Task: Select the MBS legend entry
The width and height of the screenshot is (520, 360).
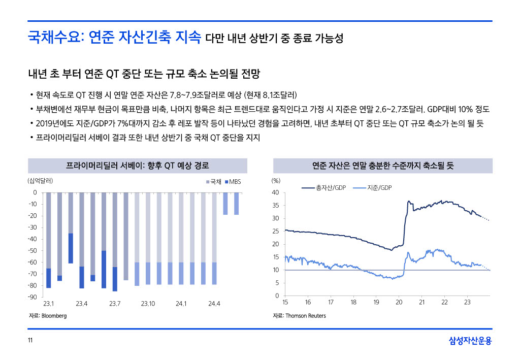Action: (x=233, y=181)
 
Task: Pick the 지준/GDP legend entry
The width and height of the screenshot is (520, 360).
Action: (x=375, y=188)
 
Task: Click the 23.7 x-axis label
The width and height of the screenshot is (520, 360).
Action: (x=115, y=304)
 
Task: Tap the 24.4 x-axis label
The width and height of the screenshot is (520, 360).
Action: (x=214, y=304)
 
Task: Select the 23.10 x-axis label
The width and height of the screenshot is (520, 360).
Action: (x=148, y=304)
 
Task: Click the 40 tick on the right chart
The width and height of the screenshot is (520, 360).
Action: (x=275, y=192)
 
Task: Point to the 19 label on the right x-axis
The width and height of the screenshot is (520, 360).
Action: (x=376, y=303)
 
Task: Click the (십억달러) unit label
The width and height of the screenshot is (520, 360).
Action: (x=40, y=180)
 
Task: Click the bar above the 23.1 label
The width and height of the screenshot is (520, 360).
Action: (x=48, y=239)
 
